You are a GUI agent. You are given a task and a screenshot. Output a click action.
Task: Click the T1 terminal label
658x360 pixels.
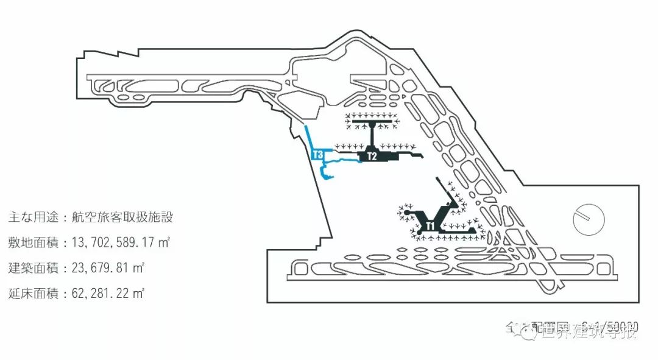tap(430, 226)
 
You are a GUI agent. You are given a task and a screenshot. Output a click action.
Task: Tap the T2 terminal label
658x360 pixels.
tap(372, 157)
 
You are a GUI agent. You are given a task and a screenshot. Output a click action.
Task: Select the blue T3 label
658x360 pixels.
tap(317, 155)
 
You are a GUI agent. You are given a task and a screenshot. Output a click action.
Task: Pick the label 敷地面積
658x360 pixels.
tap(29, 243)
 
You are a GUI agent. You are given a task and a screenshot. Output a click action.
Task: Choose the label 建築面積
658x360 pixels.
tap(29, 268)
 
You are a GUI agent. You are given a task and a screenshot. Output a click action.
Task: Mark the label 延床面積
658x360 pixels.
tap(29, 294)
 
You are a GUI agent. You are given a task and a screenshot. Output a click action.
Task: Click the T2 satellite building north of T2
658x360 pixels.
tap(372, 123)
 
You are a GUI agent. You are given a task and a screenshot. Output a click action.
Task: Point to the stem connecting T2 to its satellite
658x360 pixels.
tap(372, 137)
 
